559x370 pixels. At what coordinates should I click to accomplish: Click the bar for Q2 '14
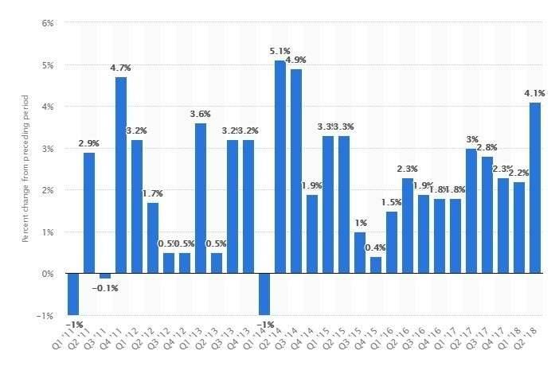tap(280, 167)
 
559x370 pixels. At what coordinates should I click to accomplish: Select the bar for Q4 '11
tap(121, 175)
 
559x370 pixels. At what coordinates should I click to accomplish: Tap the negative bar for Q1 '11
tap(73, 294)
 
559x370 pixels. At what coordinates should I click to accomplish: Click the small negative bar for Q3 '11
tap(105, 276)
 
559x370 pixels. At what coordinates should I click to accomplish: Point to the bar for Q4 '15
tap(376, 265)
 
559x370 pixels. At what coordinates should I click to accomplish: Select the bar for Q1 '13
tap(201, 198)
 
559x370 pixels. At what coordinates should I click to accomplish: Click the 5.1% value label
tap(280, 52)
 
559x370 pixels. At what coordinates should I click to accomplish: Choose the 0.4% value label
tap(376, 248)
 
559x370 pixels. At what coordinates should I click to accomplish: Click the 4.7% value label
tap(121, 68)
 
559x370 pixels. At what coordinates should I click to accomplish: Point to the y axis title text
tap(25, 169)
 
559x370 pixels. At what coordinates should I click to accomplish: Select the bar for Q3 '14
tap(296, 171)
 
